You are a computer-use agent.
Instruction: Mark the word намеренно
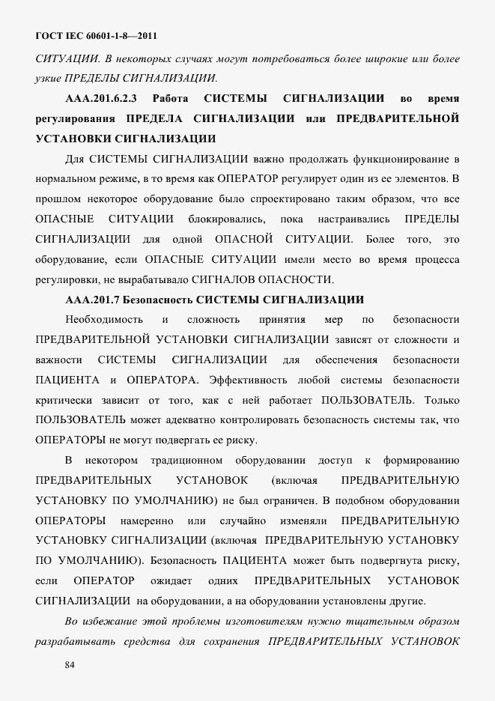[146, 520]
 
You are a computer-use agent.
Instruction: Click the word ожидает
[171, 580]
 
